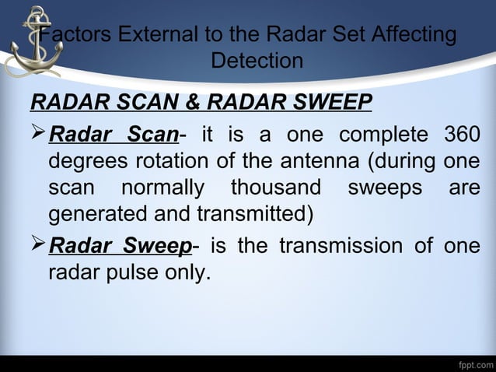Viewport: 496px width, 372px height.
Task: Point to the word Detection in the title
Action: (x=257, y=61)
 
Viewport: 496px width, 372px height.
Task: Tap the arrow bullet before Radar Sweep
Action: (x=38, y=246)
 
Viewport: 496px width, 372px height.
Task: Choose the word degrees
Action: (x=83, y=164)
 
